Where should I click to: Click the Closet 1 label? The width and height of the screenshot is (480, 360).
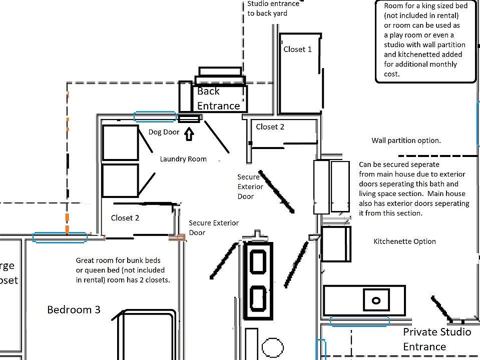[x=297, y=49]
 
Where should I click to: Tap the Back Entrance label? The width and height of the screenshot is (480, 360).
[x=219, y=98]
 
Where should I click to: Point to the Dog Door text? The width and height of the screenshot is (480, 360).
[x=164, y=132]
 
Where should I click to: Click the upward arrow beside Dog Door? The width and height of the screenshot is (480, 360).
[x=189, y=134]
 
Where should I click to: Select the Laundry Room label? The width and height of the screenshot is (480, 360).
[x=183, y=159]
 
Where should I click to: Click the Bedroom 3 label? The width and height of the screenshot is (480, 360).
[x=74, y=309]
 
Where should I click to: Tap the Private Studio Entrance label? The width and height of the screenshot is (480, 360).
[x=437, y=339]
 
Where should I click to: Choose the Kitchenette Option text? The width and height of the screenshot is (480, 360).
[x=404, y=241]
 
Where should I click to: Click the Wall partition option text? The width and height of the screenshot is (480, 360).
[x=406, y=140]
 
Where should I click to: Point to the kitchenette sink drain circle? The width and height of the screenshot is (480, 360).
[x=376, y=300]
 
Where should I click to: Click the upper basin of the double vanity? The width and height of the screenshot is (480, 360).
[x=258, y=261]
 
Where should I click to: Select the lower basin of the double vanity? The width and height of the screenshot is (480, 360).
[x=258, y=298]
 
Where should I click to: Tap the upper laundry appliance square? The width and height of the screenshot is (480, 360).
[x=120, y=142]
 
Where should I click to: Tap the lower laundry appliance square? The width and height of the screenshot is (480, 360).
[x=120, y=180]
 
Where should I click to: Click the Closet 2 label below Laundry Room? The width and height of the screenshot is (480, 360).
[x=125, y=218]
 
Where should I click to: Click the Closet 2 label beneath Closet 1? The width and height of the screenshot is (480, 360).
[x=270, y=126]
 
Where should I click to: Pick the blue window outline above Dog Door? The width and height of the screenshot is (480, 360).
[x=155, y=117]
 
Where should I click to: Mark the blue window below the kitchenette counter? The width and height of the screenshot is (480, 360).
[x=360, y=321]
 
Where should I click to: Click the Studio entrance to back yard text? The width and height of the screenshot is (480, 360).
[x=273, y=8]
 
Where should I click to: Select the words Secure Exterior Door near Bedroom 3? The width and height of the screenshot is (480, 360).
[x=214, y=227]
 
